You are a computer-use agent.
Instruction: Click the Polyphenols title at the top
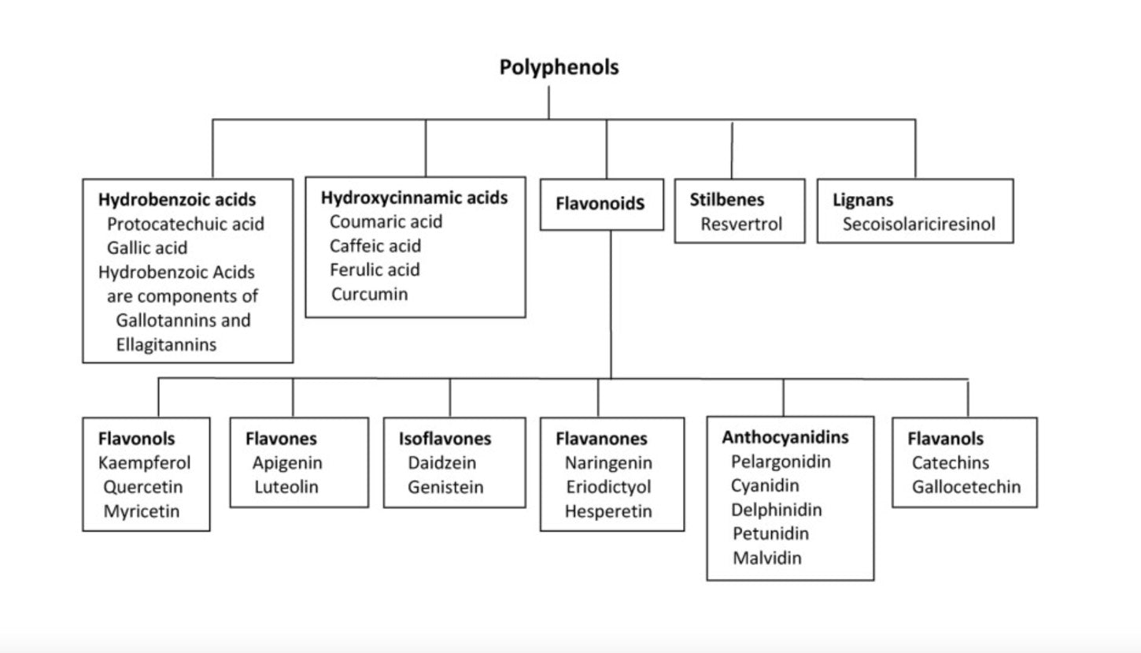(559, 68)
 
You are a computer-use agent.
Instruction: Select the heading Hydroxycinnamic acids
(414, 198)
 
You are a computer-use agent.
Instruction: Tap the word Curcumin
(369, 295)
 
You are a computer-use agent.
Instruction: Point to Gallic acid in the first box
(147, 248)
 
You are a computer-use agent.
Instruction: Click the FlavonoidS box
(600, 204)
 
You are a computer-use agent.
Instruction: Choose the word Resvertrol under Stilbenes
(741, 224)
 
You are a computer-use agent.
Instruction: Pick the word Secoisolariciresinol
(918, 224)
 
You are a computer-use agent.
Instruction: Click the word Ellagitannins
(165, 345)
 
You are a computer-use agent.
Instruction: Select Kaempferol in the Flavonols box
(144, 463)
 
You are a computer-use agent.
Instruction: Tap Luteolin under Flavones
(286, 487)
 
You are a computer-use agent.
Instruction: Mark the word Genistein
(445, 487)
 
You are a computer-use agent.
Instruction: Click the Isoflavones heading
(445, 439)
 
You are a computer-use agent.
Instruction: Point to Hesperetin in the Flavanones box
(608, 511)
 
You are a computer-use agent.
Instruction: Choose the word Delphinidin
(776, 510)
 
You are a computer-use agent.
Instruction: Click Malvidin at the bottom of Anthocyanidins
(767, 558)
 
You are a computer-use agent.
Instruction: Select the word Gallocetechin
(966, 487)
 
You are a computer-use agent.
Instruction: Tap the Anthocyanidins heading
(785, 437)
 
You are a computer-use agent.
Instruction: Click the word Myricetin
(142, 511)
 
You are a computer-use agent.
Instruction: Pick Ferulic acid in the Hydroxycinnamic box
(375, 270)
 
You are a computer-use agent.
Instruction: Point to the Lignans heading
(863, 200)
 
